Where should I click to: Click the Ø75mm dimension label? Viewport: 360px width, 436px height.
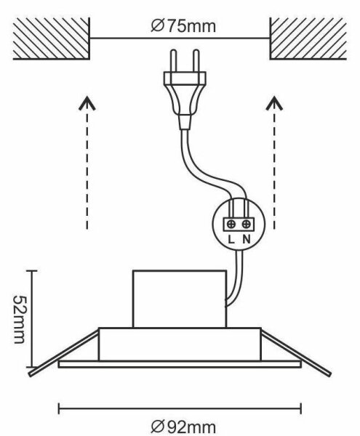183,26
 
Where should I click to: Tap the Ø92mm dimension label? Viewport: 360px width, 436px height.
183,427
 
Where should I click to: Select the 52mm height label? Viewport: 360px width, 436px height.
20,319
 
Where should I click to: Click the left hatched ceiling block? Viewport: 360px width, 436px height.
51,39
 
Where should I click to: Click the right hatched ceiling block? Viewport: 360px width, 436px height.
308,39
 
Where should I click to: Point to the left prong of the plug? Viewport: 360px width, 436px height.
174,60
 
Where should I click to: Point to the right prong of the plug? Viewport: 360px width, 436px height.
196,60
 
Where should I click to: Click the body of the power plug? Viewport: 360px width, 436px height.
185,94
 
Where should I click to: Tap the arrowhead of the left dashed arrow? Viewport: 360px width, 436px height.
87,103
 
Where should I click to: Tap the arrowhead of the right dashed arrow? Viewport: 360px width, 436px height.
274,103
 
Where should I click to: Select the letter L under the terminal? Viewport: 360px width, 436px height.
231,239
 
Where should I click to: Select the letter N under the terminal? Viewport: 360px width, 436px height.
247,239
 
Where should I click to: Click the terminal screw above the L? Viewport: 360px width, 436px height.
231,224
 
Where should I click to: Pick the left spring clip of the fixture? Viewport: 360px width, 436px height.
63,353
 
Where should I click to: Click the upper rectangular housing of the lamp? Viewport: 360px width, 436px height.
180,299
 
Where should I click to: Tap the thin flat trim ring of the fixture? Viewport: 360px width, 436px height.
180,364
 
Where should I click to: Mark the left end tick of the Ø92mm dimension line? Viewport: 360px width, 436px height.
59,408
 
